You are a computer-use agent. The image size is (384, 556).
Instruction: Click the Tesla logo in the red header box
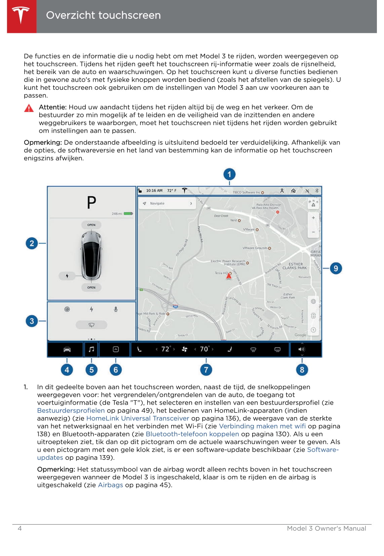coord(21,15)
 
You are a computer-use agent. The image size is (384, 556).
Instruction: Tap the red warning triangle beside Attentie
coord(29,108)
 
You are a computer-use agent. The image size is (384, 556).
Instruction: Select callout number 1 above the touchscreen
coord(229,174)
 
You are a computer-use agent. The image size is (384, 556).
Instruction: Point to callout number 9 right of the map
coord(336,268)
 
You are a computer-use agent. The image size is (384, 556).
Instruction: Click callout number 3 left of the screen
coord(32,321)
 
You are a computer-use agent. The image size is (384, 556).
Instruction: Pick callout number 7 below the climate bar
coord(206,370)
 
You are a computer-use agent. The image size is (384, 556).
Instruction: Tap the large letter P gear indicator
coord(91,202)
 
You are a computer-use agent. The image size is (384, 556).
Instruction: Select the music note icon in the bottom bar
coord(91,350)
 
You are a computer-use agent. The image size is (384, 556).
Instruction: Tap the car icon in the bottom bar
coord(67,350)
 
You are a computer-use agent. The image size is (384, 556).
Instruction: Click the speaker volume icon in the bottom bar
coord(302,350)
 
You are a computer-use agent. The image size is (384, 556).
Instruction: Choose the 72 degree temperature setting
coord(165,349)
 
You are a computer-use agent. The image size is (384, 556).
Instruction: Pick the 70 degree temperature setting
coord(204,349)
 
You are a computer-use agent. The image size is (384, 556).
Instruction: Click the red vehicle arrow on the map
coord(229,276)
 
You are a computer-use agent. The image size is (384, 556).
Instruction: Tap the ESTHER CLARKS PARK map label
coord(295,266)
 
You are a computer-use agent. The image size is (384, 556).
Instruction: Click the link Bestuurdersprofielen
coord(71,410)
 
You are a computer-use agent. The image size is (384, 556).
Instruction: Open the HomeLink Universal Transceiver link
coord(138,418)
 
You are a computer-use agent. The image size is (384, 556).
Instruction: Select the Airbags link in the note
coord(110,485)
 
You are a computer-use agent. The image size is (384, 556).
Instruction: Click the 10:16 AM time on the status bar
coord(154,191)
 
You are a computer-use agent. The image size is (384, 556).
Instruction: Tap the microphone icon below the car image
coord(116,309)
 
